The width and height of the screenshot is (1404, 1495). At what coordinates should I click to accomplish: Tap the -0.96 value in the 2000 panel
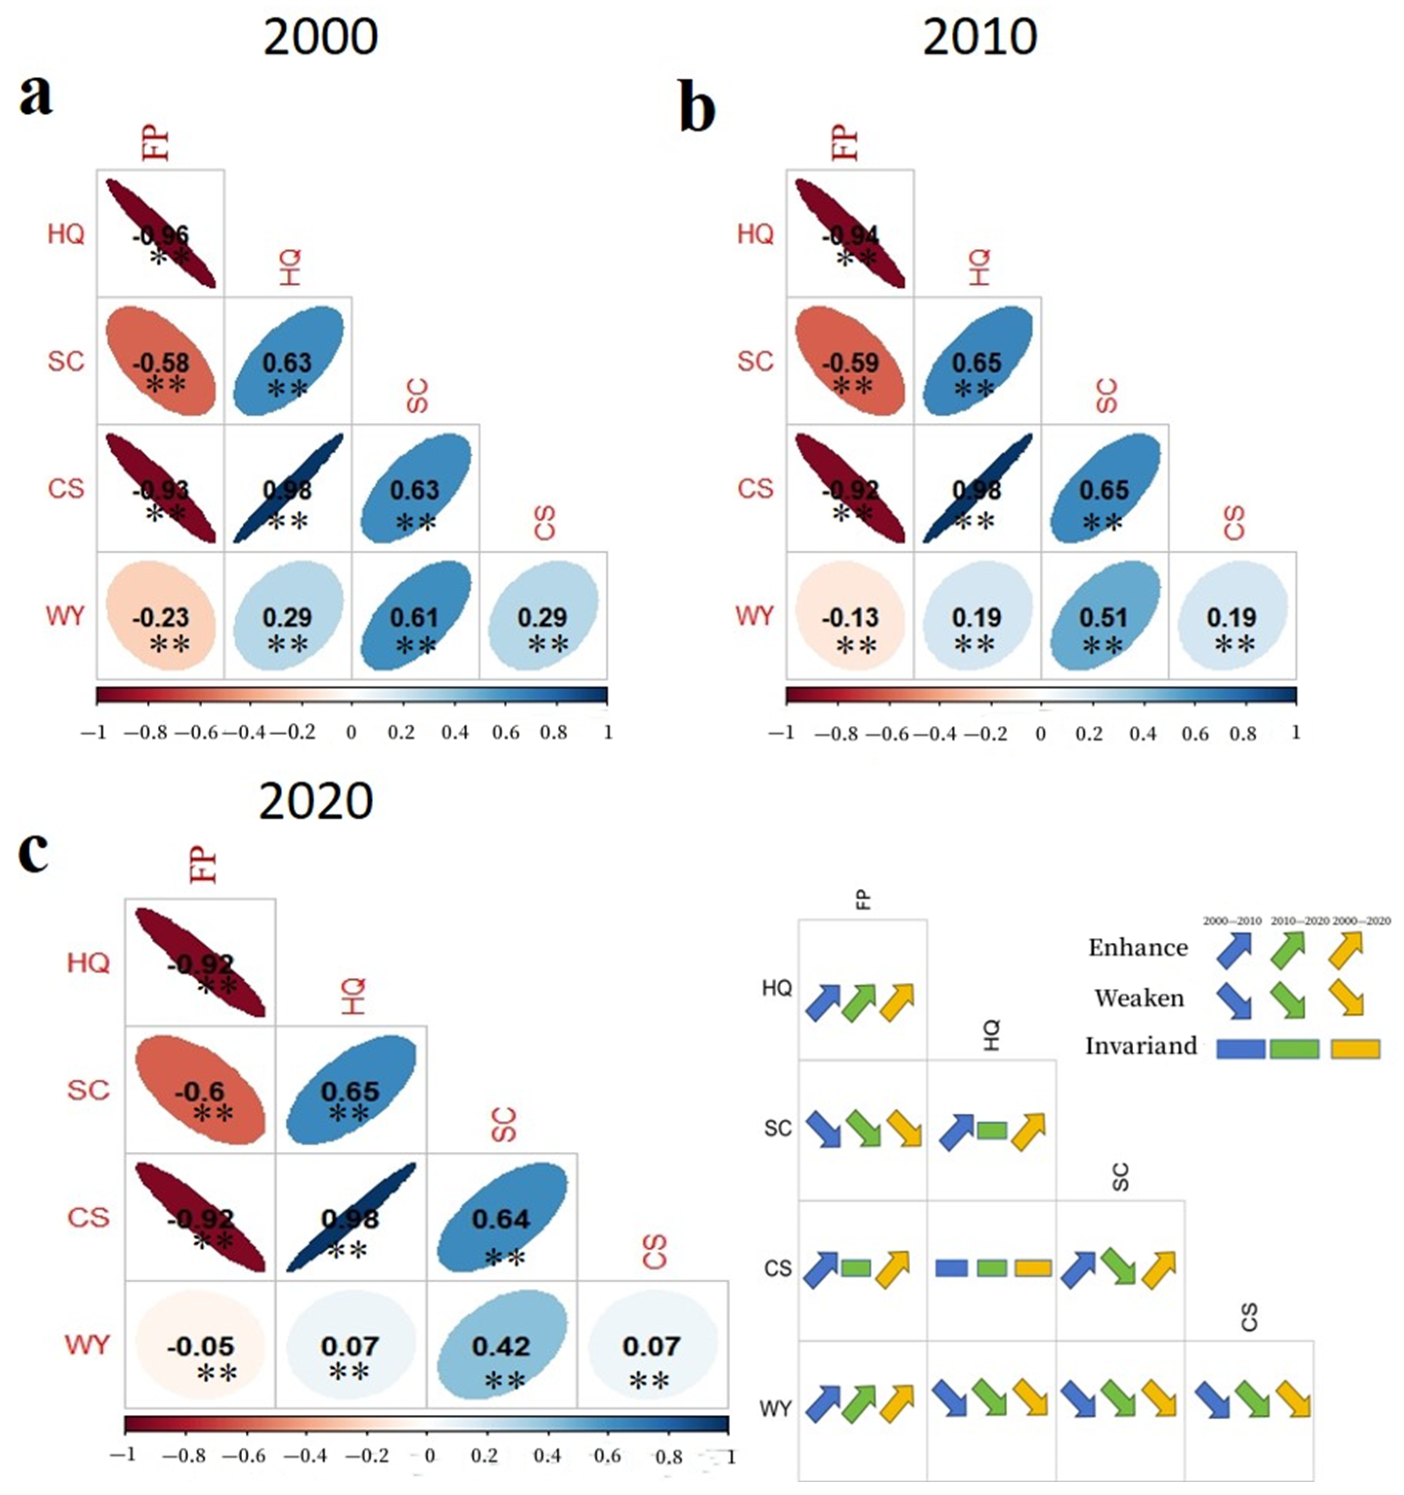(x=161, y=236)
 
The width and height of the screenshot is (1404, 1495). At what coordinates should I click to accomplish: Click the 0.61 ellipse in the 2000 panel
(x=416, y=616)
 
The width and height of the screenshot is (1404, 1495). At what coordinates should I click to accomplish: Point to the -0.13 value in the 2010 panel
(x=850, y=617)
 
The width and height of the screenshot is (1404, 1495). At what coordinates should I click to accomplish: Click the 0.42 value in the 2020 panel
(x=501, y=1345)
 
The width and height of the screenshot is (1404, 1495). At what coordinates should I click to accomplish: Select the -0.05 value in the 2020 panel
(x=200, y=1345)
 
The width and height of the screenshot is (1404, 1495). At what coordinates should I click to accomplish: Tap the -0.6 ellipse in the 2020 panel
(x=200, y=1090)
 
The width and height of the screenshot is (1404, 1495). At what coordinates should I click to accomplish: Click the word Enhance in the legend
(x=1138, y=948)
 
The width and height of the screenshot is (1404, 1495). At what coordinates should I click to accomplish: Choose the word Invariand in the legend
(x=1141, y=1046)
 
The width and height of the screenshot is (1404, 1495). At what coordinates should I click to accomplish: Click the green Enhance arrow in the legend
(x=1289, y=949)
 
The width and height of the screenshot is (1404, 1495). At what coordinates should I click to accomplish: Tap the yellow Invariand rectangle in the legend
(x=1355, y=1049)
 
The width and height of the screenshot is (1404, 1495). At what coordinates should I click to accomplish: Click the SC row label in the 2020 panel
(x=88, y=1090)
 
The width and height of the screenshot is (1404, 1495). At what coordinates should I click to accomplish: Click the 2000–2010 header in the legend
(x=1232, y=920)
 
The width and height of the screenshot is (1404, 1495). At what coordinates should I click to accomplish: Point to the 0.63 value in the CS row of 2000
(x=415, y=490)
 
